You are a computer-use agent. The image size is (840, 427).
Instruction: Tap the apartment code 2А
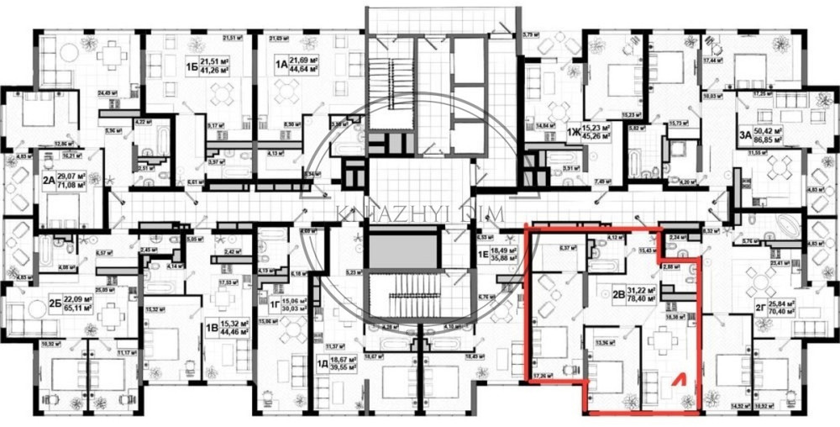(50, 180)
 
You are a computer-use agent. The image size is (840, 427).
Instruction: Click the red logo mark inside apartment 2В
(675, 383)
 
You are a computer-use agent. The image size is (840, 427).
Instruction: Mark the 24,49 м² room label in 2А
(107, 92)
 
